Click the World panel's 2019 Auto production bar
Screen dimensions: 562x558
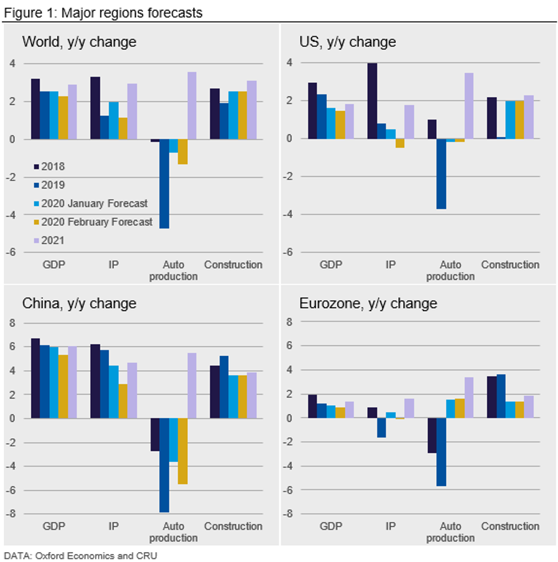pos(164,184)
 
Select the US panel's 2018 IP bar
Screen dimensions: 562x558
pos(372,101)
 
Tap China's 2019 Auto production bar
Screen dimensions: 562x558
pos(164,465)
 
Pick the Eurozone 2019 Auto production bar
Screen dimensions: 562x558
pos(441,451)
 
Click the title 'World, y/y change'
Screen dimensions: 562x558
pos(79,42)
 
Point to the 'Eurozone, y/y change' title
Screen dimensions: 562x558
pos(368,304)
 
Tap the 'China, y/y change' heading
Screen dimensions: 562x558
pos(79,304)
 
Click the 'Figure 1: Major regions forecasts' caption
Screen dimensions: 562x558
pos(103,12)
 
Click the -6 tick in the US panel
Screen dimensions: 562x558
pos(288,253)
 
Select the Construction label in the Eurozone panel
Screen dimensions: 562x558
pos(510,526)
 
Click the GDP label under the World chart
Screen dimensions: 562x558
pos(53,265)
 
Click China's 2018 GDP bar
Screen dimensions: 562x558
pos(35,378)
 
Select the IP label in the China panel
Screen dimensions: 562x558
pos(114,526)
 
